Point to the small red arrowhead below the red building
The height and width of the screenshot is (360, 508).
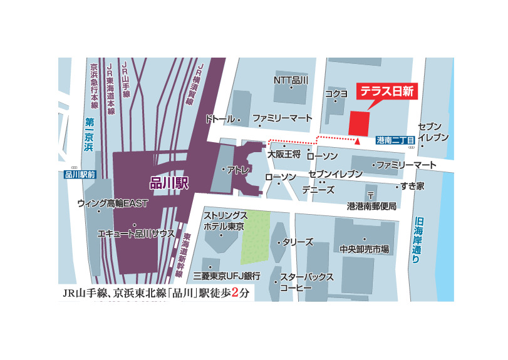[x=356, y=141]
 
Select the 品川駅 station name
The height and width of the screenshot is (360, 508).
[x=170, y=183]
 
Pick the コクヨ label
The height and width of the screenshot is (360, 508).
[x=336, y=94]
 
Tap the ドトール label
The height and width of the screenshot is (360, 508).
[x=219, y=119]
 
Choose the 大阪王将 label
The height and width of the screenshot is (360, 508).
[x=284, y=153]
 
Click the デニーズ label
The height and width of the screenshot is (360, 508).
[x=318, y=189]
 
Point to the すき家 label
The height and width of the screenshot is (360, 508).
[x=413, y=186]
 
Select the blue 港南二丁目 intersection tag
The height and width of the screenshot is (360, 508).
[x=396, y=141]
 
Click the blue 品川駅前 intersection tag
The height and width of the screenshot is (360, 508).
[x=80, y=175]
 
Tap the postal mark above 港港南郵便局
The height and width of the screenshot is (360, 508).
[x=371, y=195]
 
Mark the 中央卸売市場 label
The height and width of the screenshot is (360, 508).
[x=365, y=249]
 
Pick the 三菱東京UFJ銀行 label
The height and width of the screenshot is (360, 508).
[x=227, y=275]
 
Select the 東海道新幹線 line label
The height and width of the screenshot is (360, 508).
[x=187, y=257]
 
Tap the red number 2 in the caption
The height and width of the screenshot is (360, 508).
[x=236, y=292]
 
